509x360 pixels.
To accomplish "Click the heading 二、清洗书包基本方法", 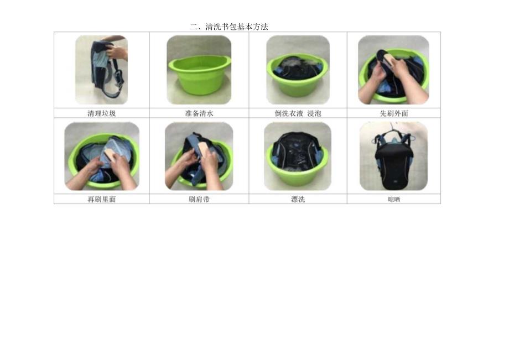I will (228, 27).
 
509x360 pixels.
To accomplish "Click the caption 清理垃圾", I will (101, 113).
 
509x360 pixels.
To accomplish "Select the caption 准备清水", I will (199, 113).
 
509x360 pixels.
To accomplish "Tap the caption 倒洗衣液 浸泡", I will (298, 113).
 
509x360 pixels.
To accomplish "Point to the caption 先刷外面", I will (393, 113).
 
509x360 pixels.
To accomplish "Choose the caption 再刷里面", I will (101, 200).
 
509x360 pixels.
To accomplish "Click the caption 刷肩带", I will (199, 200).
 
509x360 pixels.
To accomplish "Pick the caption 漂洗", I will (298, 200).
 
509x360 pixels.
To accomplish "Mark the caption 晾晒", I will (393, 200).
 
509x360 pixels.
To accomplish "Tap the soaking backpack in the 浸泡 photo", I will (297, 67).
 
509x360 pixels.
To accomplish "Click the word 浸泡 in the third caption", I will (314, 113).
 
